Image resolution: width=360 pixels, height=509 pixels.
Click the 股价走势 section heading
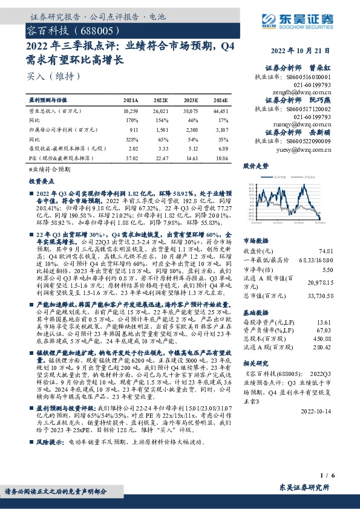coord(256,165)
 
